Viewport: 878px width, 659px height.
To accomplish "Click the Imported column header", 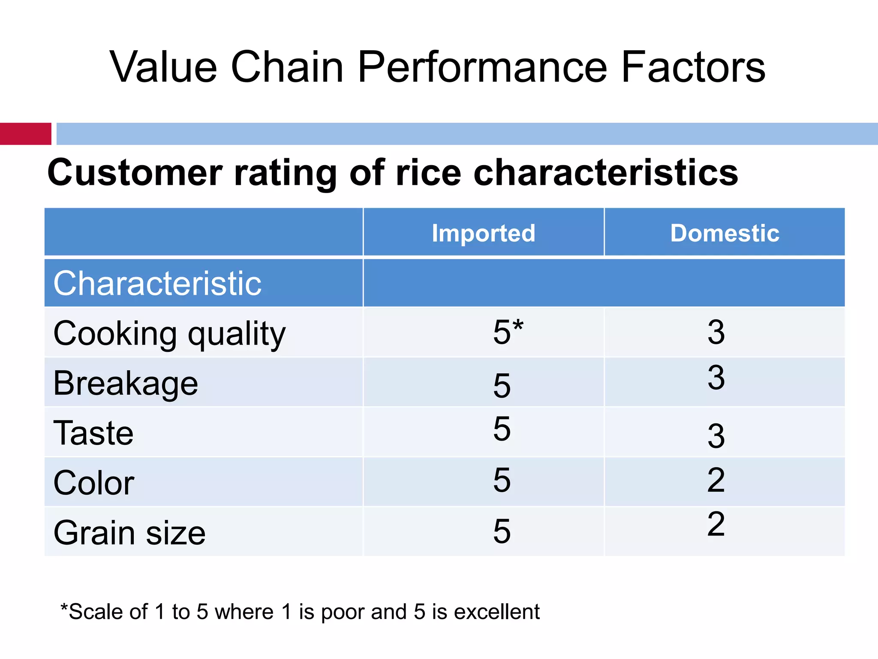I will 483,233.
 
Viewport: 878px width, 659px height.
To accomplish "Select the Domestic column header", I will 725,233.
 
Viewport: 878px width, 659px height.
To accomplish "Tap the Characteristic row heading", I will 157,284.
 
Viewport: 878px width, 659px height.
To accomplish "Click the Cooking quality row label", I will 169,334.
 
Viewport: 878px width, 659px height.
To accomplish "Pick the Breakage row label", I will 126,383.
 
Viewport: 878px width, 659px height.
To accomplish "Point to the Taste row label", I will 93,433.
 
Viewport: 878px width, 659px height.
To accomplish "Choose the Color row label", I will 94,483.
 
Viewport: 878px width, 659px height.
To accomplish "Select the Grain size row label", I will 129,532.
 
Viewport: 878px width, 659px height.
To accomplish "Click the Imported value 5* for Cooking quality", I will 508,332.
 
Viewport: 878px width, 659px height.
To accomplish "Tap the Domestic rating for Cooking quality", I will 716,332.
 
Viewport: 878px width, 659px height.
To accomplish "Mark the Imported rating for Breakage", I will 502,385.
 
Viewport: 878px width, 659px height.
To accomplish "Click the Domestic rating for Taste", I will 716,436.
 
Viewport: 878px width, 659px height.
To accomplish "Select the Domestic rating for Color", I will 716,480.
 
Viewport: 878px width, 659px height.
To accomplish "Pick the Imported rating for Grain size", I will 502,531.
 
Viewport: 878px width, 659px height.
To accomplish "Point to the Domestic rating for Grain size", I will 716,524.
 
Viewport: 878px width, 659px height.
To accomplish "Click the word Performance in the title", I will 482,67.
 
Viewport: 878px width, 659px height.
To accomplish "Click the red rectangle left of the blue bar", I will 25,133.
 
